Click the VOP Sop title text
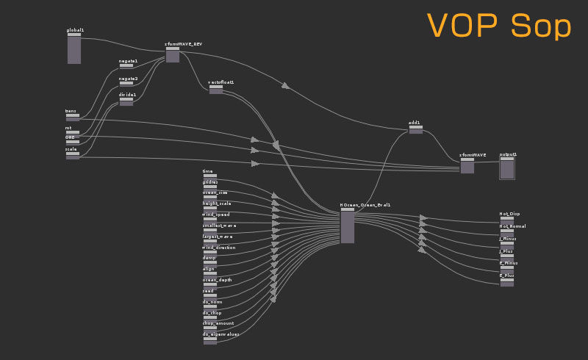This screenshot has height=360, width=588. [x=499, y=26]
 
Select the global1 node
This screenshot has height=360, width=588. [x=74, y=48]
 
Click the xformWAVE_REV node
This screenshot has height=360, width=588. [x=173, y=55]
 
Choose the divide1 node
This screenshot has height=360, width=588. [x=126, y=101]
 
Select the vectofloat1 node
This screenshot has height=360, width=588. [x=215, y=90]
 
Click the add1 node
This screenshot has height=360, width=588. [x=415, y=130]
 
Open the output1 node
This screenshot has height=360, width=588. [x=507, y=168]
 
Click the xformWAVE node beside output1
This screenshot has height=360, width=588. [x=467, y=167]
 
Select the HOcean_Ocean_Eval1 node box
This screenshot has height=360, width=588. [x=348, y=227]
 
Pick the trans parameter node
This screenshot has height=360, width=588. [x=72, y=118]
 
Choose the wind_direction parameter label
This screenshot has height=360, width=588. [x=219, y=248]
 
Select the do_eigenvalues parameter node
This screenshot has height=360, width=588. [x=210, y=341]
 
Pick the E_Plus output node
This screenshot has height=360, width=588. [x=507, y=282]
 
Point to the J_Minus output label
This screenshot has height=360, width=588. [x=508, y=238]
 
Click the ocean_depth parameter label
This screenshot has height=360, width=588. [x=217, y=280]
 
